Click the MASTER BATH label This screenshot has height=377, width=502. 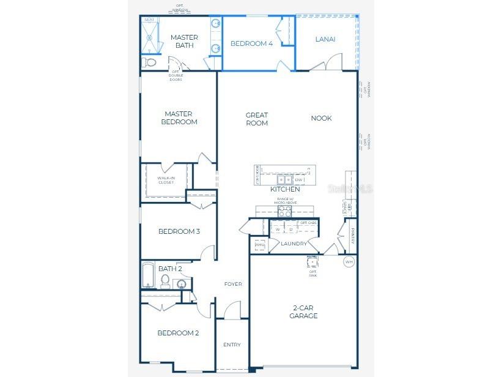pyautogui.click(x=183, y=41)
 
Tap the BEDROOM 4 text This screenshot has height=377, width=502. pyautogui.click(x=251, y=43)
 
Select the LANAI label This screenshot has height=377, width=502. pyautogui.click(x=325, y=39)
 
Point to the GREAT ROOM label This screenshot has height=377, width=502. pyautogui.click(x=257, y=119)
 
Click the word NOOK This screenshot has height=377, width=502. pyautogui.click(x=321, y=118)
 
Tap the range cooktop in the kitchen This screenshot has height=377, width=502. pyautogui.click(x=285, y=211)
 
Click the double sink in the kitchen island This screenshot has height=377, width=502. pyautogui.click(x=284, y=180)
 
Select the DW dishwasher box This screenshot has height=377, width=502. pyautogui.click(x=298, y=180)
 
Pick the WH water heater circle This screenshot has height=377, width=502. pyautogui.click(x=349, y=261)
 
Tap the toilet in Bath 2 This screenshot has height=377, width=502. pyautogui.click(x=164, y=281)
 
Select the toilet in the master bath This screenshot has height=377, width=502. pyautogui.click(x=149, y=62)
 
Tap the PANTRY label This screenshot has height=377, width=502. pyautogui.click(x=353, y=236)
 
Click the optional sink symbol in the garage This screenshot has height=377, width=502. pyautogui.click(x=312, y=263)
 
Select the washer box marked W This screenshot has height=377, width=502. pyautogui.click(x=278, y=230)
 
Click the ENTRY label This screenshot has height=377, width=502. pyautogui.click(x=232, y=345)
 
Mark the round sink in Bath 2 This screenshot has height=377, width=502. pyautogui.click(x=182, y=283)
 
